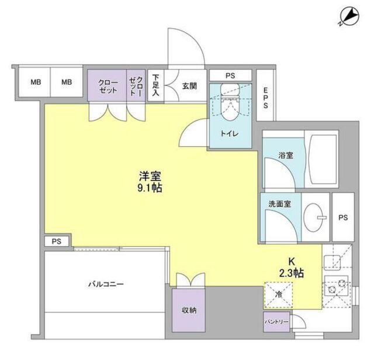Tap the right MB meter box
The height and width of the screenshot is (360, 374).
(67, 82)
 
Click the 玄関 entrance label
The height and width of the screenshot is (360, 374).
(189, 86)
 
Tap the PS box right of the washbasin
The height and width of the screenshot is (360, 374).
(342, 217)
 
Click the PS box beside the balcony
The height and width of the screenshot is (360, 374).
(56, 241)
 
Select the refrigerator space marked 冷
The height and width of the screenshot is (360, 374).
(278, 295)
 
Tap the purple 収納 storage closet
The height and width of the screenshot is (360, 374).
(188, 310)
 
